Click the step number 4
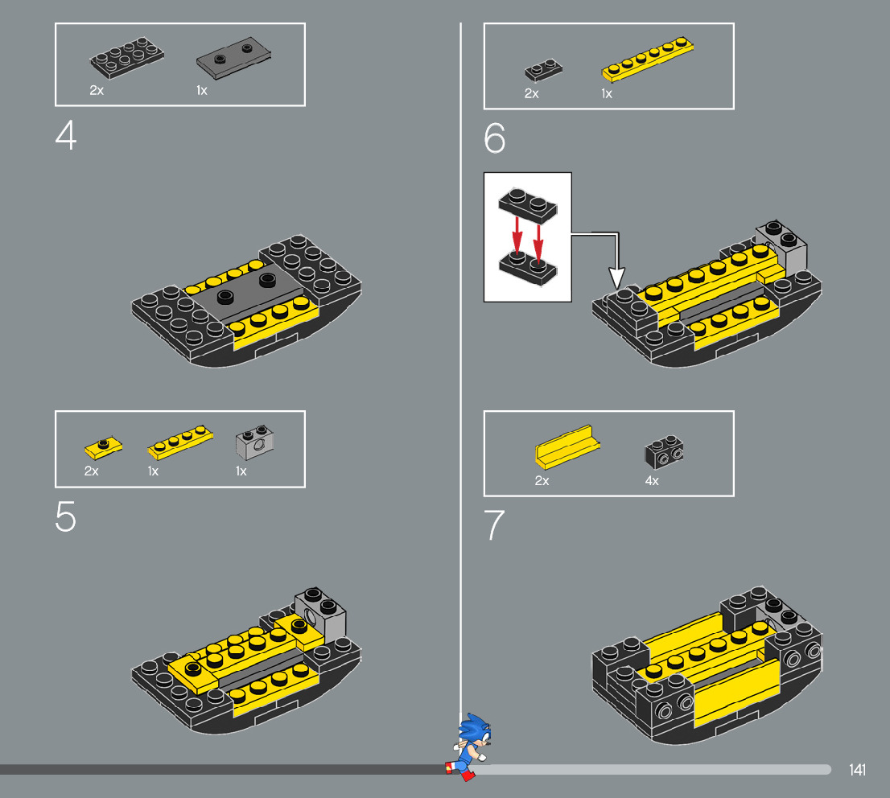(x=66, y=136)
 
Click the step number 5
(x=66, y=516)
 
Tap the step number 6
(x=494, y=138)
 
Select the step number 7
(x=494, y=524)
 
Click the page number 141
(x=857, y=770)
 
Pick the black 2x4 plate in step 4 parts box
(x=126, y=57)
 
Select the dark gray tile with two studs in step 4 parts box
(x=233, y=59)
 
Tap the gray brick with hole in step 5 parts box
(x=254, y=442)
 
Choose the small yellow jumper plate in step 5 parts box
(x=103, y=448)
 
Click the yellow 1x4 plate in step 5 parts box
(x=180, y=442)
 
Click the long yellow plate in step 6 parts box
(x=647, y=59)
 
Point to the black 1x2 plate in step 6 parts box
(x=543, y=70)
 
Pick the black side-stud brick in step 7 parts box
(x=664, y=452)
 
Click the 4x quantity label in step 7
(x=652, y=481)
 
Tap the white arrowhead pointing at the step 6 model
(x=617, y=278)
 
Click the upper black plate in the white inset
(x=528, y=204)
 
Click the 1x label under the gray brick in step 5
(x=241, y=471)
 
